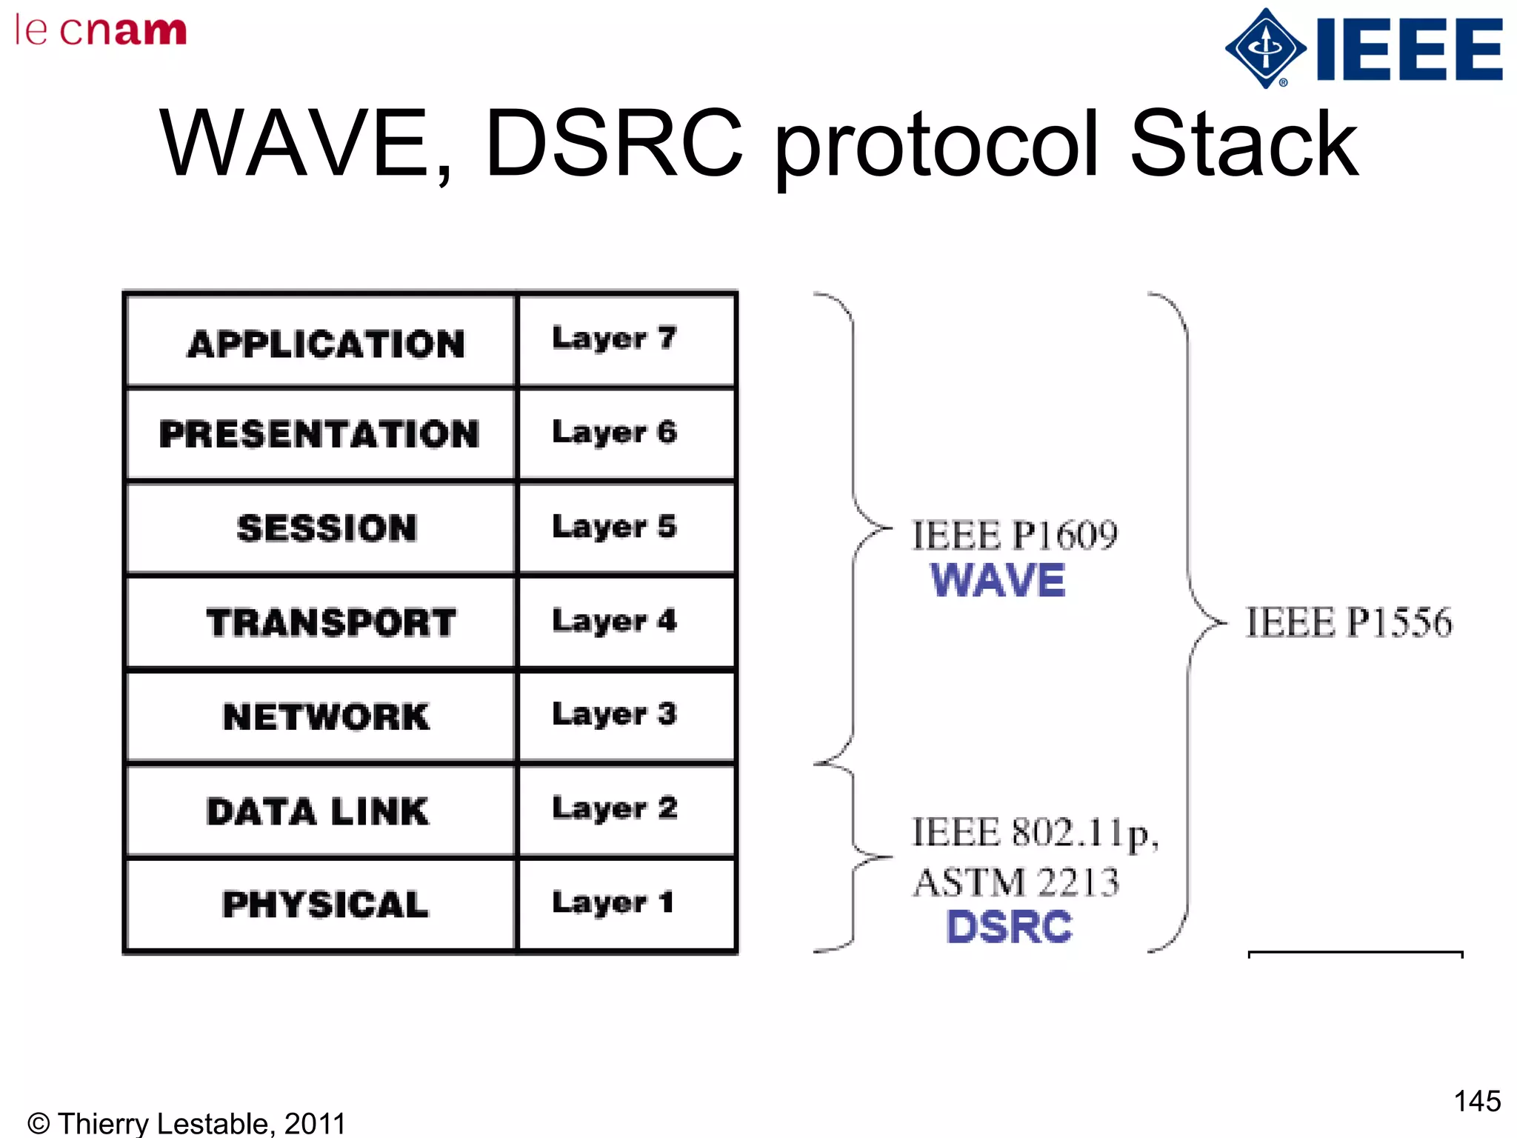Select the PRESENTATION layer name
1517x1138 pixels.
pos(320,434)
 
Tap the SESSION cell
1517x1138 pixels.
pos(327,528)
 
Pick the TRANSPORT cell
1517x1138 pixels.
pos(330,622)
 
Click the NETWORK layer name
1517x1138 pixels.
pos(326,716)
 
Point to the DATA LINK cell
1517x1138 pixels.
pos(318,811)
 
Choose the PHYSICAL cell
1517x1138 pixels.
pos(325,905)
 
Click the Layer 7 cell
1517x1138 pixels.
pos(614,339)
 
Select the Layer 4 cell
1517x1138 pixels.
pos(614,621)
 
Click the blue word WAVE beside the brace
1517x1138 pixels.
pos(997,580)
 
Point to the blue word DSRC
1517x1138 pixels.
pos(1009,927)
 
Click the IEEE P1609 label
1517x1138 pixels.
pos(1014,535)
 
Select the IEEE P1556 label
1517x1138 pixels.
pos(1348,622)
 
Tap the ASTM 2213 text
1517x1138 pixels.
pos(1016,882)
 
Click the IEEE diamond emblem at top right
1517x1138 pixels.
pos(1265,49)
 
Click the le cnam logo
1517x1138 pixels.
pos(101,30)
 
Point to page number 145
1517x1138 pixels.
pos(1476,1101)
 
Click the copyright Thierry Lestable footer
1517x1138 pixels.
pos(187,1123)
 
